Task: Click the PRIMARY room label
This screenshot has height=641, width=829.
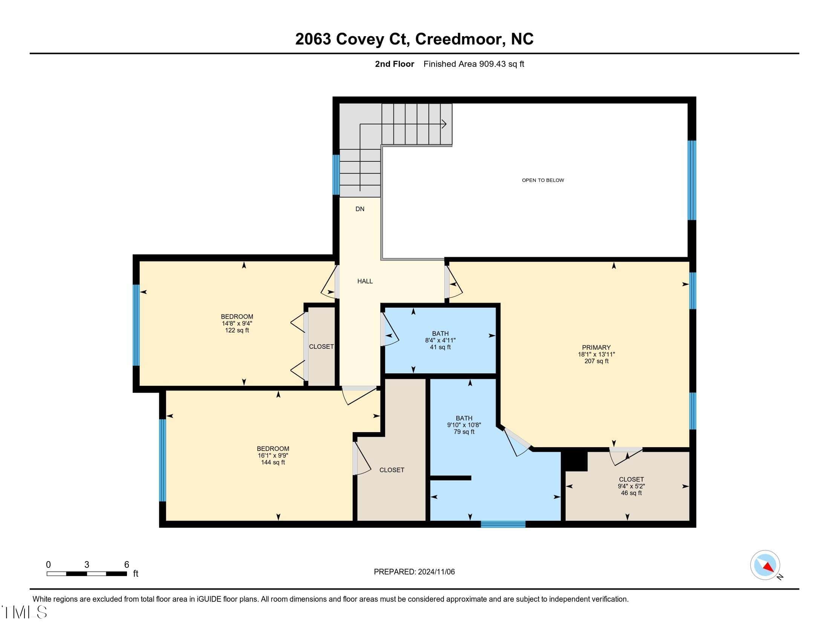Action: pyautogui.click(x=597, y=348)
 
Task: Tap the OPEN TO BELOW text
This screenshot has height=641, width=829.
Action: pyautogui.click(x=543, y=180)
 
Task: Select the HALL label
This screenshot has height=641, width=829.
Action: pyautogui.click(x=365, y=281)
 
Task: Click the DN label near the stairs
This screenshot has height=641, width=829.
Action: pyautogui.click(x=360, y=209)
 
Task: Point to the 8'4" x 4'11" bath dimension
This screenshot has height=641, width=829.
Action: pyautogui.click(x=440, y=340)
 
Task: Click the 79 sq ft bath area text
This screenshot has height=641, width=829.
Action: pyautogui.click(x=464, y=432)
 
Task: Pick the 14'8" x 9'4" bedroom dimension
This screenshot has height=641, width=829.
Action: pyautogui.click(x=237, y=324)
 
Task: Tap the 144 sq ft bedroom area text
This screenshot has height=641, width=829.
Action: pyautogui.click(x=273, y=463)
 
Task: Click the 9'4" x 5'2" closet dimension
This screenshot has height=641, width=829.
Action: pyautogui.click(x=631, y=486)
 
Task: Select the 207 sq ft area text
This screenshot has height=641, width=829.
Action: pyautogui.click(x=597, y=361)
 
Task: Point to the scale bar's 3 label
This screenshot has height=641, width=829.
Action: pyautogui.click(x=87, y=565)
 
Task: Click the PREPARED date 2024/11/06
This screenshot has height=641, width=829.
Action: pyautogui.click(x=436, y=572)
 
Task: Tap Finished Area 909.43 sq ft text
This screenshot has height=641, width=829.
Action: pyautogui.click(x=474, y=64)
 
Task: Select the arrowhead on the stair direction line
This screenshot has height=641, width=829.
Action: pyautogui.click(x=444, y=124)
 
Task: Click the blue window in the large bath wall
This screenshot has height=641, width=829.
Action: pyautogui.click(x=503, y=524)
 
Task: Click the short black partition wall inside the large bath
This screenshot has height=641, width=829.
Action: pyautogui.click(x=451, y=478)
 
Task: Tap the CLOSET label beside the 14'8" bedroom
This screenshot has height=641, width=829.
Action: pyautogui.click(x=321, y=347)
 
